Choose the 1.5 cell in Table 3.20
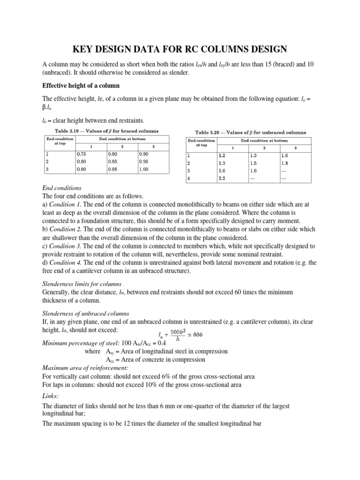(x=254, y=163)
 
